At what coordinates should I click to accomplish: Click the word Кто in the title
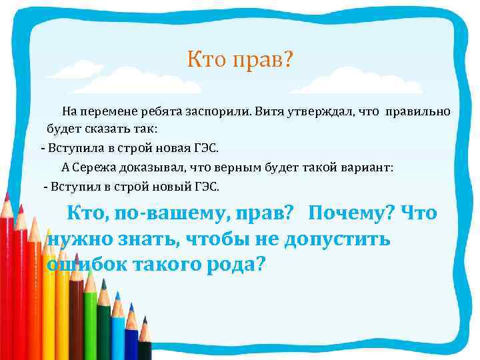click(206, 61)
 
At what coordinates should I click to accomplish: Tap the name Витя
click(270, 111)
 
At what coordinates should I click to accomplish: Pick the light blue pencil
click(132, 333)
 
